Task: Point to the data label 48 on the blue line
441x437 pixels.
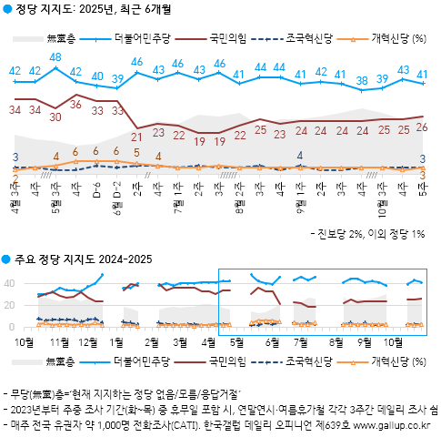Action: point(56,57)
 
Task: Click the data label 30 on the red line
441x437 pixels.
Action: point(56,117)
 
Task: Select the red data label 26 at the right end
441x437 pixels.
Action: point(422,127)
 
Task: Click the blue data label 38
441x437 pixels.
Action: point(361,80)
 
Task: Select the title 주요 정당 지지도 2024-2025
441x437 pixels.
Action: point(82,259)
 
